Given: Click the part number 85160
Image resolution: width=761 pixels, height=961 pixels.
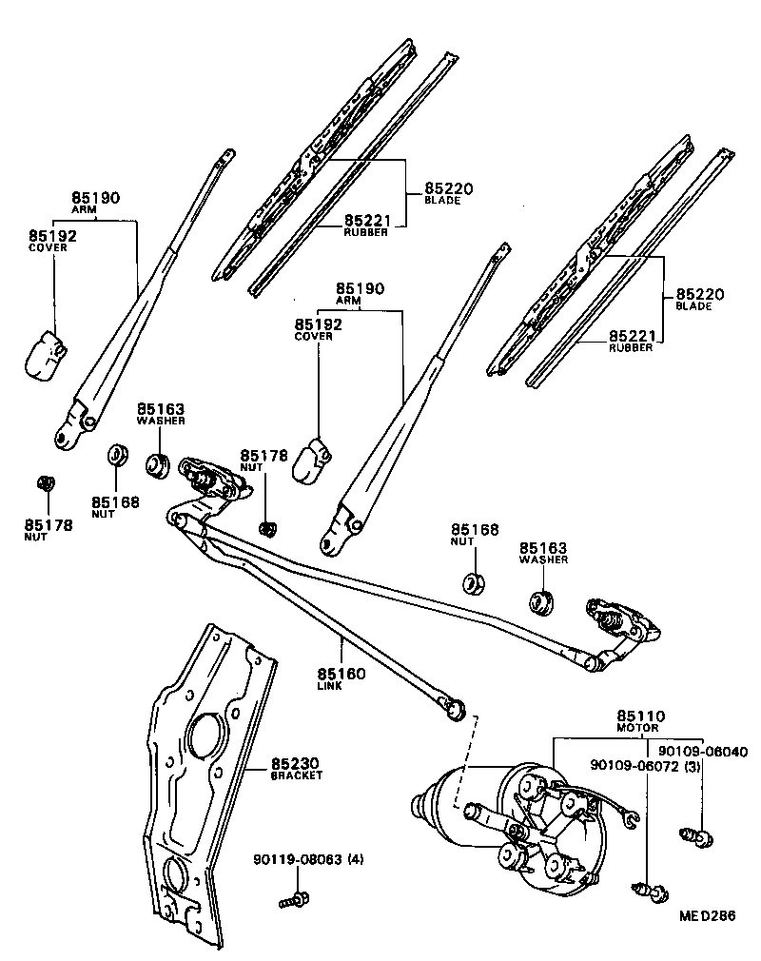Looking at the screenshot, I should pos(341,674).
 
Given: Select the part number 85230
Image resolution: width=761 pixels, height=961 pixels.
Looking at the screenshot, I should pos(296,763).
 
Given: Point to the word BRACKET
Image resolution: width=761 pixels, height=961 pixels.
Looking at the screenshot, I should pos(297,776).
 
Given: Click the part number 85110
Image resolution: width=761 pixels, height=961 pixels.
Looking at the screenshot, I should pos(640,716).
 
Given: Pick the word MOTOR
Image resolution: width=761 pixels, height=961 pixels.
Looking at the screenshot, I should pos(637,728).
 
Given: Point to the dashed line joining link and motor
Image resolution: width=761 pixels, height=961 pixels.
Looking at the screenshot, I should pos(460,761).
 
